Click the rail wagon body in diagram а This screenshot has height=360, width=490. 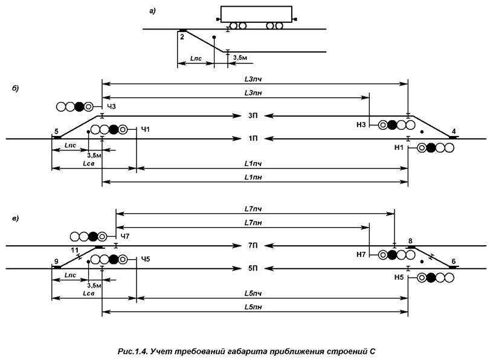(257, 14)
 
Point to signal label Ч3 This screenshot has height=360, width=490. (111, 107)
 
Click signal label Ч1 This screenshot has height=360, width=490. (144, 129)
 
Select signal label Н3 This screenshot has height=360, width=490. (361, 125)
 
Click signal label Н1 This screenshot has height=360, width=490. (399, 147)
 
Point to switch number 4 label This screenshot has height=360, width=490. (453, 131)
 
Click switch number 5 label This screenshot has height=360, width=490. (56, 131)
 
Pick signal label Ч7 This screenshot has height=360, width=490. (125, 236)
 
